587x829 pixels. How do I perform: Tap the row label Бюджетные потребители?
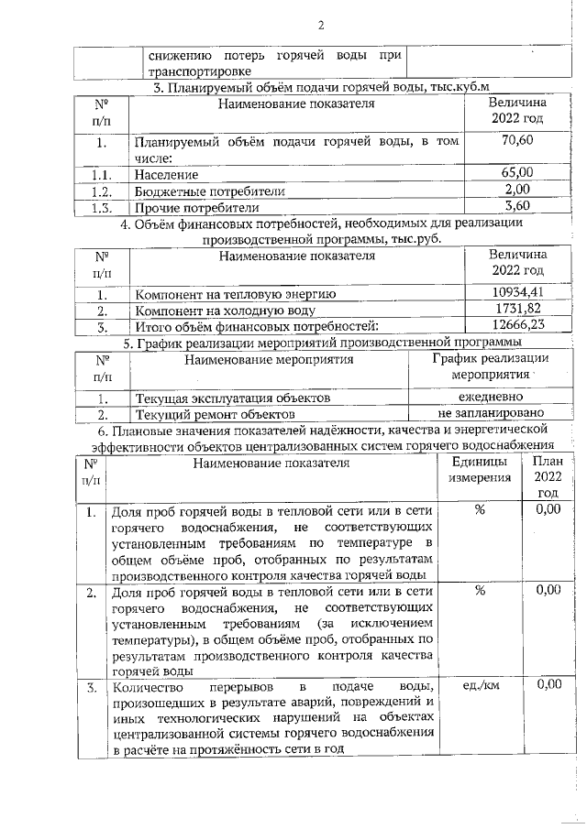tap(210, 191)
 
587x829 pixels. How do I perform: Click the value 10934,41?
tap(518, 292)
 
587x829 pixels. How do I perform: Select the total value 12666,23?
tap(518, 325)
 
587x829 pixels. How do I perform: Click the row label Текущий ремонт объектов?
tap(209, 414)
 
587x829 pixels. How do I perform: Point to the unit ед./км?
tap(479, 684)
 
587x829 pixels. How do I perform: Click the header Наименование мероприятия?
tap(269, 360)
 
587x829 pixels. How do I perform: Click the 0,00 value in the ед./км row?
tap(548, 684)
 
